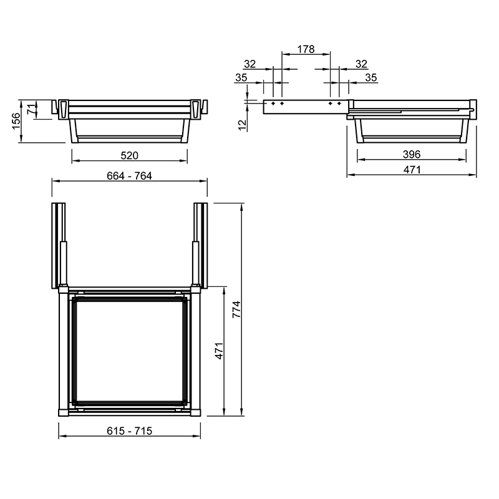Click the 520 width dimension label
click(130, 155)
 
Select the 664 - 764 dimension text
click(130, 176)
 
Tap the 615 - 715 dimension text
click(130, 431)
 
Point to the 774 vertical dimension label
click(237, 309)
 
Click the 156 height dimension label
click(16, 121)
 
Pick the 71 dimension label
click(31, 109)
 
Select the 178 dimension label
click(306, 49)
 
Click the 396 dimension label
click(412, 154)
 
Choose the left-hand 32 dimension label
click(250, 64)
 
